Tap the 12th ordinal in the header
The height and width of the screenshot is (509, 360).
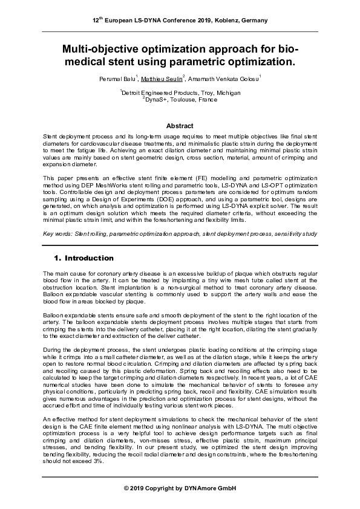[x=98, y=20]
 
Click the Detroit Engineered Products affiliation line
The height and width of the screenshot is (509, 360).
[x=180, y=92]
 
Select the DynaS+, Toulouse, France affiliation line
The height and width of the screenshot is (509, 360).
[x=180, y=99]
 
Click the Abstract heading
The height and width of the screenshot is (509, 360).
[x=180, y=126]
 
